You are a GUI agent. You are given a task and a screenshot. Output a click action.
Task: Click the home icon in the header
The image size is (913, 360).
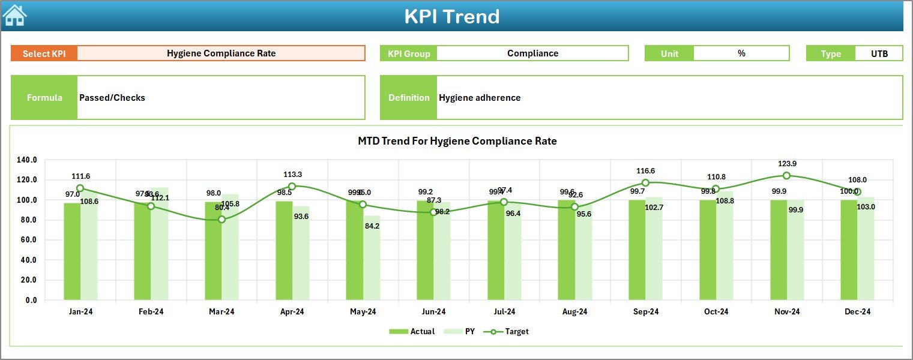(14, 16)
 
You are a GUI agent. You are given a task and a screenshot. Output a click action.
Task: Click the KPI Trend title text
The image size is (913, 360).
(451, 17)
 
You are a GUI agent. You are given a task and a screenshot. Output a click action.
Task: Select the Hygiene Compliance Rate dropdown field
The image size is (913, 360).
(221, 53)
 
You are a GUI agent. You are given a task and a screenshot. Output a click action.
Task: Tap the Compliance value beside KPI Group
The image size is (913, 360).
(532, 53)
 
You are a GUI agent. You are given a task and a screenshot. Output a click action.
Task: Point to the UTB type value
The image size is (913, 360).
(879, 53)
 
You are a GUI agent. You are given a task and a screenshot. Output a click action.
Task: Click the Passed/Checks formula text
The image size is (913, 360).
(112, 98)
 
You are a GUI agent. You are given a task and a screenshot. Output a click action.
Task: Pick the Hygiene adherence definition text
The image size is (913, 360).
(480, 98)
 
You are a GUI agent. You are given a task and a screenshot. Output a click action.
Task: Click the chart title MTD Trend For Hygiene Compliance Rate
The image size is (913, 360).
(457, 142)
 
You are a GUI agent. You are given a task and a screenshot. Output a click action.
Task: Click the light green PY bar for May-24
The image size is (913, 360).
(372, 257)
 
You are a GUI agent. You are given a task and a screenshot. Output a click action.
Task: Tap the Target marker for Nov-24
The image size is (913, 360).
(786, 176)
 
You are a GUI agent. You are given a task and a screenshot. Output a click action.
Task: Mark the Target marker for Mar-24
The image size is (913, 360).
(222, 220)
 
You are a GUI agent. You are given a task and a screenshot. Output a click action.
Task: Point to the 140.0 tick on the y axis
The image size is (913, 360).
(27, 160)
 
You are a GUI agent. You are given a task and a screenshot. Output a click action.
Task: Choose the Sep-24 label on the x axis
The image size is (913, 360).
(645, 312)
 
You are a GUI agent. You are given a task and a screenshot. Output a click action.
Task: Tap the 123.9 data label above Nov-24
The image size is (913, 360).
(786, 164)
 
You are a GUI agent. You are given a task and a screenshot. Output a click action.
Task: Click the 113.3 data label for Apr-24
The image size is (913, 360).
(292, 175)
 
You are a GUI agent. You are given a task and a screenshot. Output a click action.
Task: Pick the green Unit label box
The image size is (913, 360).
(669, 53)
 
